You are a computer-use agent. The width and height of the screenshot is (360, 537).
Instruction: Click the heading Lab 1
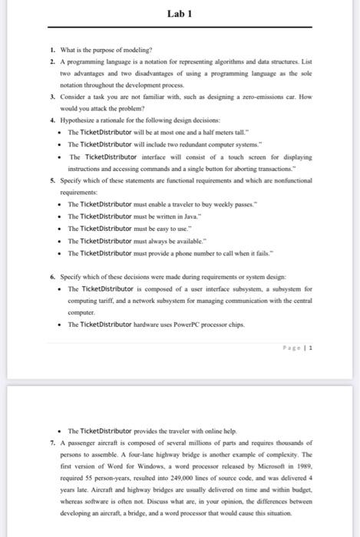click(180, 13)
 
